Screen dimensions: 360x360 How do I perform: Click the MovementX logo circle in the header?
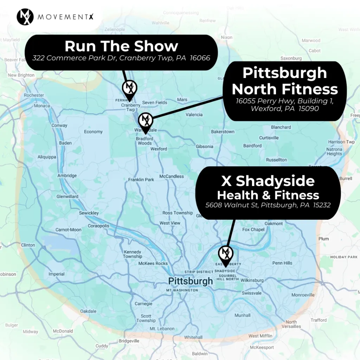coord(25,17)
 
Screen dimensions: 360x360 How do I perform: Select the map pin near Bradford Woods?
coord(145,121)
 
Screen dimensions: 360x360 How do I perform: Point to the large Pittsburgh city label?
coord(190,281)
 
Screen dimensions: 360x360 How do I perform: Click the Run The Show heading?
coord(121,46)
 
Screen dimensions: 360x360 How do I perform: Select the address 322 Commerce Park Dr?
coord(121,58)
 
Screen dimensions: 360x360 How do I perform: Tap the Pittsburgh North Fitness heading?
coord(285,81)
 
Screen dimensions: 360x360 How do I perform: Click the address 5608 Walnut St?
coord(268,205)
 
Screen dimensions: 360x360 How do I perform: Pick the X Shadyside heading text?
coord(268,181)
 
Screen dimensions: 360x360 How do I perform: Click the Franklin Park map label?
coord(141,180)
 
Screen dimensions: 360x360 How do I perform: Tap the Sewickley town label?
coord(89,213)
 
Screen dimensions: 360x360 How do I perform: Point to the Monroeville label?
coord(303,295)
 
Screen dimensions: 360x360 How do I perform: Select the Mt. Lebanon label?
coord(162,329)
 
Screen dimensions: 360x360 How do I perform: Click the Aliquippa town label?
coord(47,157)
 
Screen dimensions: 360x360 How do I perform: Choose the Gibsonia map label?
coord(205,146)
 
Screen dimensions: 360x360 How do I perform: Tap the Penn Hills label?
coord(282,263)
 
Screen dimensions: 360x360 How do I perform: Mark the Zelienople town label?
coord(115,29)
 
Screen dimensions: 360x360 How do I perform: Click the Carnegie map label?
coord(143,304)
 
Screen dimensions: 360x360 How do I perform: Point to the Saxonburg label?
coord(291,58)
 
